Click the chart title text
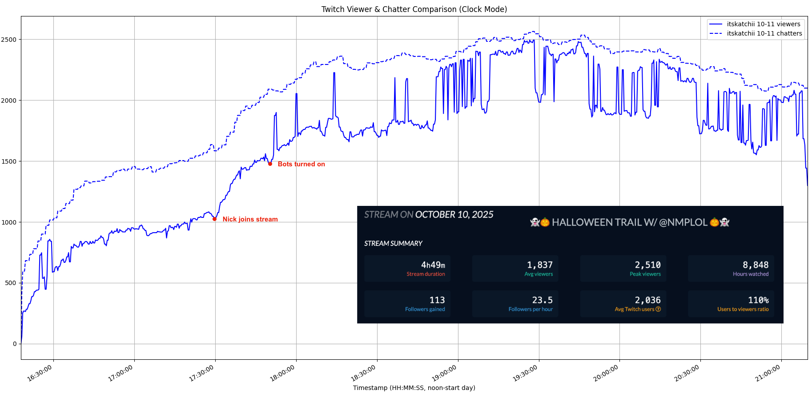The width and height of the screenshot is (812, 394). click(414, 9)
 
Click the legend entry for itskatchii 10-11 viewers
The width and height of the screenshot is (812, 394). click(763, 24)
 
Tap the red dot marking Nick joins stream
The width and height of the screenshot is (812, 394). click(215, 219)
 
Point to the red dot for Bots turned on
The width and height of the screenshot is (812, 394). click(270, 164)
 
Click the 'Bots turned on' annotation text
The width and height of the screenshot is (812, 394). click(301, 164)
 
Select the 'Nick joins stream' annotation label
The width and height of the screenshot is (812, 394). click(250, 219)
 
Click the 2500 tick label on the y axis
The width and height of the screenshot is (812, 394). click(9, 40)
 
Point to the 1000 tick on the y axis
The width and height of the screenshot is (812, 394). click(9, 222)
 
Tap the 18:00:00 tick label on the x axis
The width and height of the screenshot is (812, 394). click(283, 374)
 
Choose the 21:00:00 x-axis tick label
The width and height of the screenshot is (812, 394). click(768, 374)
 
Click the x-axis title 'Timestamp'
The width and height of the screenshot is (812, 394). click(414, 388)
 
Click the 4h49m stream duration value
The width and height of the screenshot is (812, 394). click(433, 265)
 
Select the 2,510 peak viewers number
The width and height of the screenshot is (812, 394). click(647, 265)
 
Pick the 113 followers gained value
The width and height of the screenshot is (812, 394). click(437, 300)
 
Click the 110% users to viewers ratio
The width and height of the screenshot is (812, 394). click(758, 300)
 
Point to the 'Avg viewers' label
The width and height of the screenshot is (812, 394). click(539, 274)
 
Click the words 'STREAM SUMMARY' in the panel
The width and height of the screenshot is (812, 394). click(393, 244)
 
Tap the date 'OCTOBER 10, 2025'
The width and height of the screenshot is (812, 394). click(454, 215)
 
